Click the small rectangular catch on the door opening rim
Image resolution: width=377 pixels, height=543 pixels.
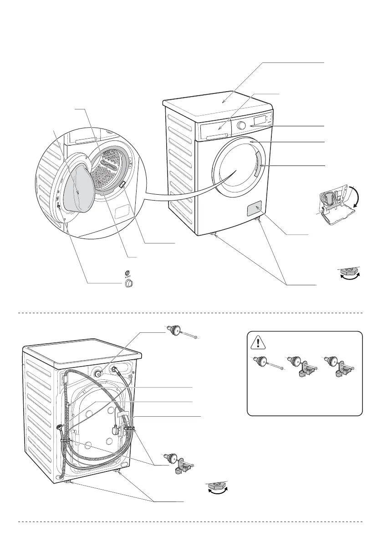[122, 185]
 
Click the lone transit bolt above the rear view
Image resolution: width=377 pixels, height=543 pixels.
[180, 331]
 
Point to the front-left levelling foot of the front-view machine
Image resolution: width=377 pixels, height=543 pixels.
[213, 235]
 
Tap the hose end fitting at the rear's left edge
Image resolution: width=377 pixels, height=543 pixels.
[60, 427]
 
